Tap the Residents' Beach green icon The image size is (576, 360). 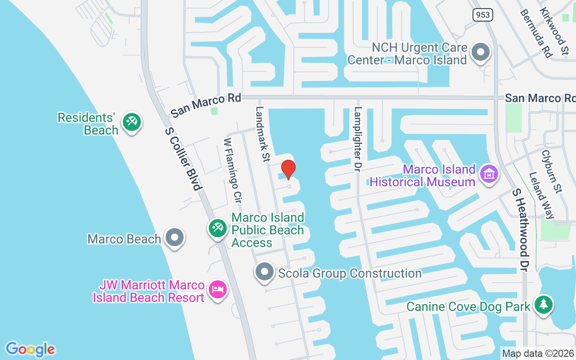[x=132, y=122]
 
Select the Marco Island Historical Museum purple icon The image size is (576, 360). [x=488, y=173]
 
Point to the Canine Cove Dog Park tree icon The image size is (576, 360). [x=544, y=305]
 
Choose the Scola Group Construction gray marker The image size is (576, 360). [x=265, y=272]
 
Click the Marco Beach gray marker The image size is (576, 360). [x=174, y=237]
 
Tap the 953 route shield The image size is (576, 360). [x=483, y=15]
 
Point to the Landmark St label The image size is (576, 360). [x=262, y=134]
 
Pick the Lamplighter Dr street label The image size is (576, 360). [x=358, y=139]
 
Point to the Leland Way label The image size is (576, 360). [x=541, y=195]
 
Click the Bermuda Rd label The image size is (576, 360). [x=535, y=33]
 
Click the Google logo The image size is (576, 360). [x=31, y=349]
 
